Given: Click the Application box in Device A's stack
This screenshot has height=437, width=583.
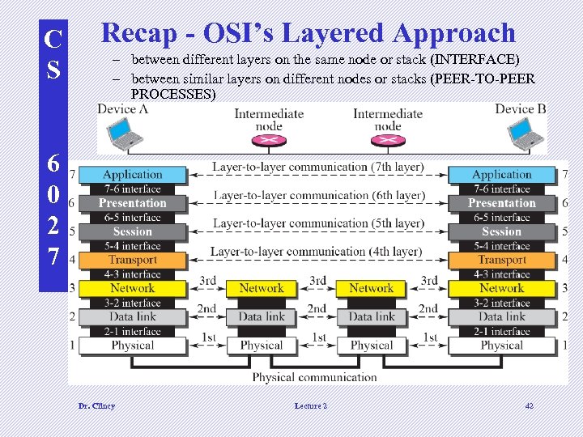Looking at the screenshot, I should [132, 174].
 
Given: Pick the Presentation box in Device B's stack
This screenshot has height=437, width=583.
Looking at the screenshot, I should [502, 203].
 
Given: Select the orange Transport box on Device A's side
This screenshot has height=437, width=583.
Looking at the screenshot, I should [132, 260].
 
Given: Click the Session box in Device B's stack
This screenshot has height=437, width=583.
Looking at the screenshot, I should [502, 231].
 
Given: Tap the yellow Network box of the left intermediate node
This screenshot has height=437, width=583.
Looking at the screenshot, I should [262, 288].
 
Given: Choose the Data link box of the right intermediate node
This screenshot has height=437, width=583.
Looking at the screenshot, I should [372, 316].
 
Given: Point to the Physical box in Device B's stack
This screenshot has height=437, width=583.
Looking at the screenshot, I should [502, 345].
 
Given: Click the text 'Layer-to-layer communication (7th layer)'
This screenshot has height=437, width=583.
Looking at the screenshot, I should [317, 167].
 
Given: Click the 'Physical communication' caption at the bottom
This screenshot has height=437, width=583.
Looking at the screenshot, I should [314, 376].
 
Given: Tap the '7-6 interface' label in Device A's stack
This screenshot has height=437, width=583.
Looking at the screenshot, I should [132, 189].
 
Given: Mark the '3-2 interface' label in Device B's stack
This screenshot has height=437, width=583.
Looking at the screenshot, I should [502, 303].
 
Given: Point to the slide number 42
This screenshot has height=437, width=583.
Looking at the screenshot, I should [530, 405].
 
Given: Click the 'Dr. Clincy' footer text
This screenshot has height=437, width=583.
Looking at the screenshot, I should [96, 405].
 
